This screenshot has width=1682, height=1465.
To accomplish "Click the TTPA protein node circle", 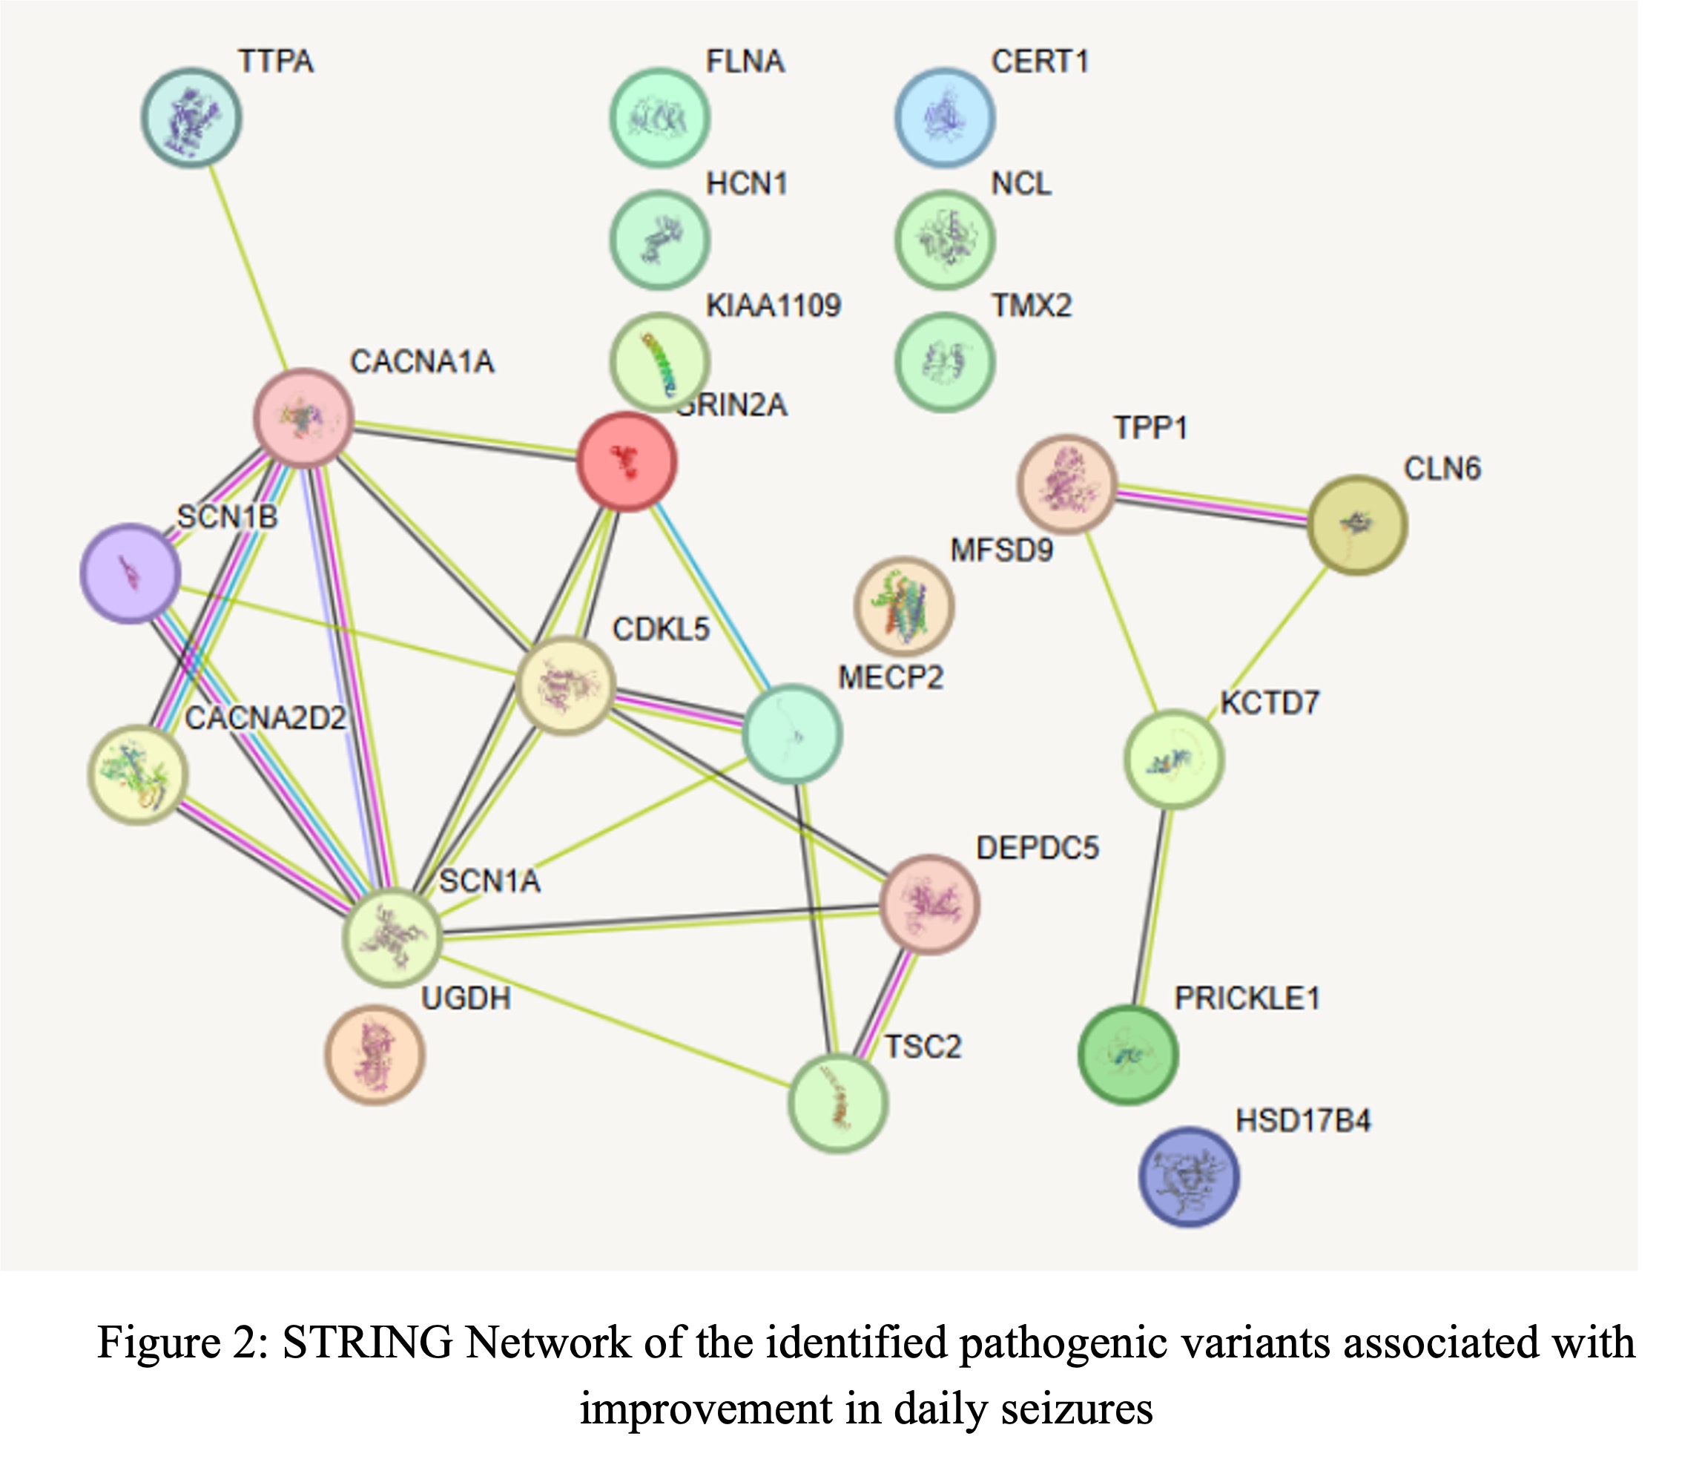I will point(191,118).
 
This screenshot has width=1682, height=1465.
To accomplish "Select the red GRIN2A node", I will point(627,461).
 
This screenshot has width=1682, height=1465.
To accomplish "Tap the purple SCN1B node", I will point(130,574).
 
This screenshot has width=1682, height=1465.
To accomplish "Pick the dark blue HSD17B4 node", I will point(1188,1177).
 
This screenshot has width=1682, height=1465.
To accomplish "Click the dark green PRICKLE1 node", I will point(1128,1056).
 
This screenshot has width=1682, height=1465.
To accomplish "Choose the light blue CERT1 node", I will point(945,118).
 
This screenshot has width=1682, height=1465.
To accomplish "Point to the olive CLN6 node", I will point(1356,525).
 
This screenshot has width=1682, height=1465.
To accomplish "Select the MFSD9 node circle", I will point(904,607).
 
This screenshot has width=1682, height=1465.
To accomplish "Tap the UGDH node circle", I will point(375,1055).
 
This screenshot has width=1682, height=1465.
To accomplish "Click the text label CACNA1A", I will point(422,361).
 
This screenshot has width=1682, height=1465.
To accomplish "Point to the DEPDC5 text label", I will point(1037,849).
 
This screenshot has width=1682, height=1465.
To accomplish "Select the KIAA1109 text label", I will point(774,306).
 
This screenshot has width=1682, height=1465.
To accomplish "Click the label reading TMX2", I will point(1031,306).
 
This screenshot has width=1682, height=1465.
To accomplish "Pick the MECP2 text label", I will point(890,678).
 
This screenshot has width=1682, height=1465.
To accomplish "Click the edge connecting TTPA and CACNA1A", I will point(248,266).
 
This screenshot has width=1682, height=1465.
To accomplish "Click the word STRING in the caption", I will point(367,1343).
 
